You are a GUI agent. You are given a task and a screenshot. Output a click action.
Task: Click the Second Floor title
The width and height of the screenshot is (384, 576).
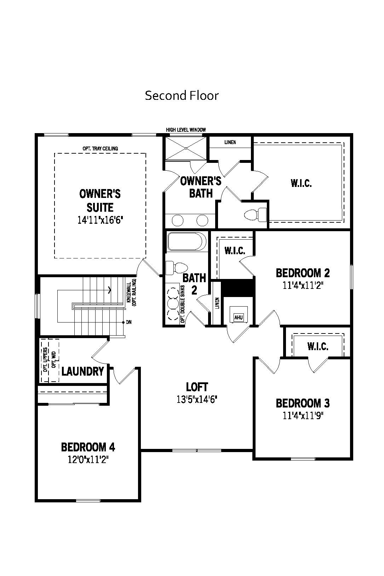(182, 95)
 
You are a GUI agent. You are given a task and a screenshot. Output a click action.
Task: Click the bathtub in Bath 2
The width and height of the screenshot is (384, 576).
(187, 241)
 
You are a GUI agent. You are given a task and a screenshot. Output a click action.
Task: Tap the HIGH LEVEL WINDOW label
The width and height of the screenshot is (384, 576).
(186, 130)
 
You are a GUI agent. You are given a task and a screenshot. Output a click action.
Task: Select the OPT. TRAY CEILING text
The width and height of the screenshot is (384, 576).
(100, 148)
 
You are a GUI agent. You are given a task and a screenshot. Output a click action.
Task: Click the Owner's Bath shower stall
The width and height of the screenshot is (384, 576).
(186, 148)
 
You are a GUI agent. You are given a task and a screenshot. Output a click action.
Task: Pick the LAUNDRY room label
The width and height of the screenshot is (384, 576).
(82, 371)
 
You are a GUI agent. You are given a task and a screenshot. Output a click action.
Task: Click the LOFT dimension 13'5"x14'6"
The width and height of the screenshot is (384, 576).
(197, 399)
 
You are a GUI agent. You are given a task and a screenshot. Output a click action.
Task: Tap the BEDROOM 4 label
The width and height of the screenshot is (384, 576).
(88, 447)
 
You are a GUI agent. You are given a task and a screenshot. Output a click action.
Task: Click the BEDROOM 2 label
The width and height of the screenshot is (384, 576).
(303, 273)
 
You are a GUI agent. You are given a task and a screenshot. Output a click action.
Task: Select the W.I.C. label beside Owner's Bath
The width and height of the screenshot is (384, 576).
(301, 183)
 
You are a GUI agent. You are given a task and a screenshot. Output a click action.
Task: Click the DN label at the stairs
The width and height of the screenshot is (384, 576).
(129, 322)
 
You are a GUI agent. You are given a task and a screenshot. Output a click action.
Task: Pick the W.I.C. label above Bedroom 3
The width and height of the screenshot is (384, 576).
(318, 347)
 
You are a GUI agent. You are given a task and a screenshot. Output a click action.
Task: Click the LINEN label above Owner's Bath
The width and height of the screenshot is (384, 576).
(230, 142)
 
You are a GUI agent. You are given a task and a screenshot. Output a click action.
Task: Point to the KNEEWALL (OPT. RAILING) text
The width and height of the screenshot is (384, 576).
(132, 292)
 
